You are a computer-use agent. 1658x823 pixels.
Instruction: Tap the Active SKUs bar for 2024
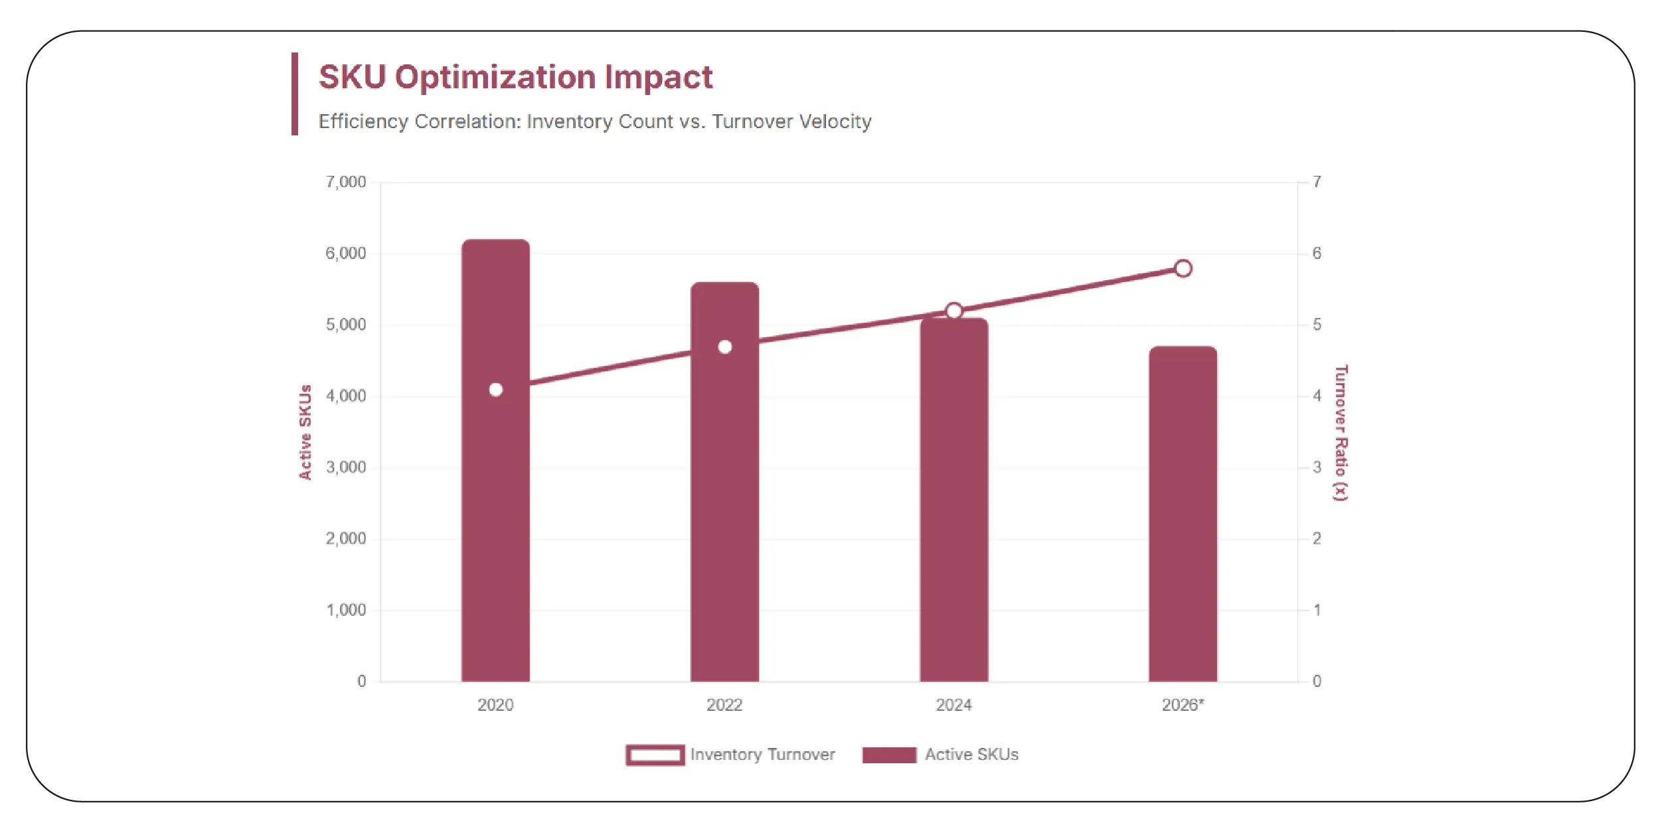[x=953, y=531]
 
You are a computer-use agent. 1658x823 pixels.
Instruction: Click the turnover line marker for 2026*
[x=1183, y=268]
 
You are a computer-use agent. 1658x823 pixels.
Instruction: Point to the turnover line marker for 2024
[x=953, y=311]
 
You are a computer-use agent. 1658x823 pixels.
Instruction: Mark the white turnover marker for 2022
[x=724, y=346]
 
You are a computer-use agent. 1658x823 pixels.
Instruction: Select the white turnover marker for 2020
[x=495, y=390]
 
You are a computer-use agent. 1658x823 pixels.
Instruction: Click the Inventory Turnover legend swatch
[x=655, y=755]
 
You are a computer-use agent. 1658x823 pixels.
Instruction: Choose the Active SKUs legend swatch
[x=889, y=755]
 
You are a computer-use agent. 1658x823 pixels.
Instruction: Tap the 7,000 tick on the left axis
[x=345, y=182]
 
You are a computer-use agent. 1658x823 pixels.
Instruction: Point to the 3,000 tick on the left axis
[x=345, y=467]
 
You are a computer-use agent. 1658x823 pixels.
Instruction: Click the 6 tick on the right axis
[x=1316, y=253]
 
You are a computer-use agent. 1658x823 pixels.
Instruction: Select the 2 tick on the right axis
[x=1316, y=538]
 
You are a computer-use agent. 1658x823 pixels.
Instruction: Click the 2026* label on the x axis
[x=1183, y=705]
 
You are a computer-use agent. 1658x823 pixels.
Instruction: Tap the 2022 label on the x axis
[x=724, y=705]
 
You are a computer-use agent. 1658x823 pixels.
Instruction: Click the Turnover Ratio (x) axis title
[x=1341, y=433]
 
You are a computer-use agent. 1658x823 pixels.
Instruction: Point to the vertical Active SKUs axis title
[x=305, y=432]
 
